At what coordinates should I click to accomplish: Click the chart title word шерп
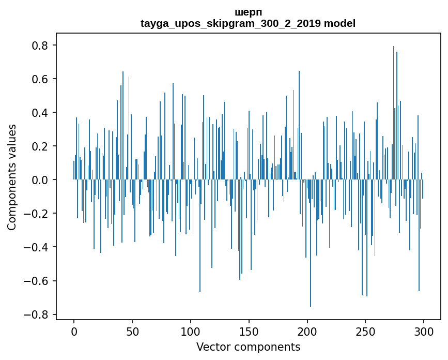tap(248, 12)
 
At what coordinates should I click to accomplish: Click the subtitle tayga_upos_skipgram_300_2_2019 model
tap(248, 23)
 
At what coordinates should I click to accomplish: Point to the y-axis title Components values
tap(12, 177)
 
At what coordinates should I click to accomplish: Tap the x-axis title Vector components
tap(248, 347)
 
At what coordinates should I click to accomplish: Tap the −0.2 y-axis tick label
tap(37, 214)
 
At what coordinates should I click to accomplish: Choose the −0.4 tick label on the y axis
tap(37, 247)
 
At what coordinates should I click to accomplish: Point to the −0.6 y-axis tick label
tap(37, 281)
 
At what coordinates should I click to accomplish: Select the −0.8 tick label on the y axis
tap(37, 314)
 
